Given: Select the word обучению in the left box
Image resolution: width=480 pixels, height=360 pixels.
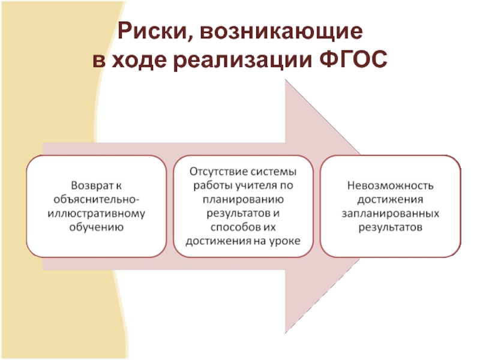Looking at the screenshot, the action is (x=97, y=227).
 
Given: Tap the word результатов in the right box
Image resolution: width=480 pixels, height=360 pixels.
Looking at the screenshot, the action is (x=390, y=227).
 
